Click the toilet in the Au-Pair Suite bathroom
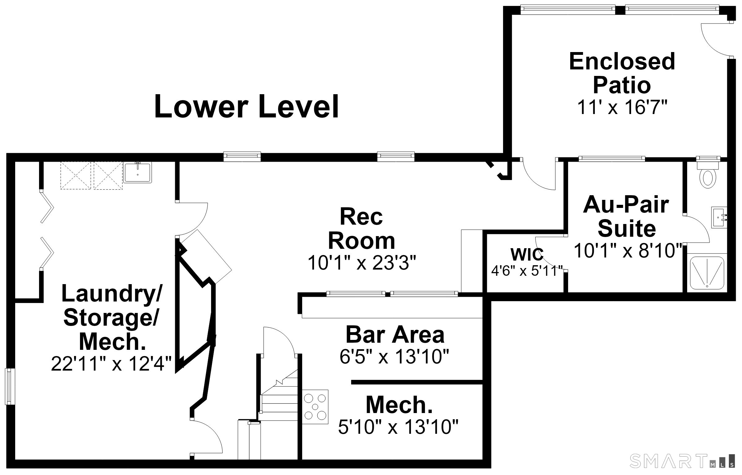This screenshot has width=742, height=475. pos(708,175)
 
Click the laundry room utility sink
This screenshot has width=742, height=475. pos(138,172)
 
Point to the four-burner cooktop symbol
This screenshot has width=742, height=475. pos(315,407)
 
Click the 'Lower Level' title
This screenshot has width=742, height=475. pos(246,107)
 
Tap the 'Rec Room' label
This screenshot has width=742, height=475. pos(362,229)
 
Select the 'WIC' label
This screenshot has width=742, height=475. pos(527,254)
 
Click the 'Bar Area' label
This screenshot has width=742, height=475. pos(395,335)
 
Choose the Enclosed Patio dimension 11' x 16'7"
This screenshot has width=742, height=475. pos(622,108)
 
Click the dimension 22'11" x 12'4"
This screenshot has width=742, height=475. pos(111,363)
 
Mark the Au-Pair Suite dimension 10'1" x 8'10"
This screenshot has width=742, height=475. pos(628,250)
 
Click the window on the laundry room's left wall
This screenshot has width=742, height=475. pos(10,386)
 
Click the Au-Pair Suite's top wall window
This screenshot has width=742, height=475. pos(612,159)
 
